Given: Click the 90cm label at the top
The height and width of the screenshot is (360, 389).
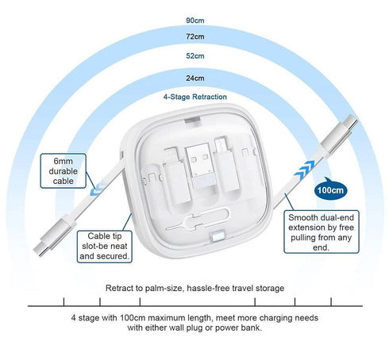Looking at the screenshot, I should (x=194, y=18).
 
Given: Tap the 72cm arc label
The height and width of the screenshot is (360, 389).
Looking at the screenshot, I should (x=194, y=37).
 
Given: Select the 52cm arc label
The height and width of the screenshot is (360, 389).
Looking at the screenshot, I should (x=194, y=56).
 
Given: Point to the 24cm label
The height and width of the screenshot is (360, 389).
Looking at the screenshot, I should (x=194, y=78).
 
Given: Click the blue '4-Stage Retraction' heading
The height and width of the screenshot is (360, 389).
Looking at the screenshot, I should (x=194, y=97).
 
